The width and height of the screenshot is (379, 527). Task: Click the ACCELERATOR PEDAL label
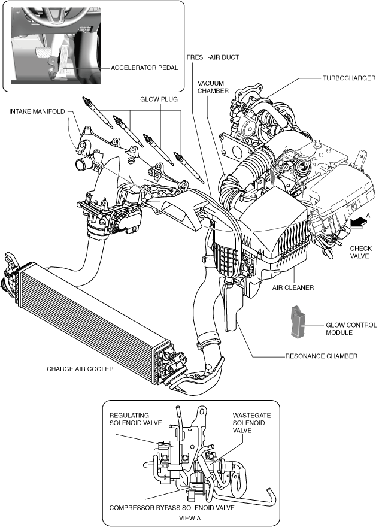144,68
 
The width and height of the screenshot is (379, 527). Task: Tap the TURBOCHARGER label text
349,78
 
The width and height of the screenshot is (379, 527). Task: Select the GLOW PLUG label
159,99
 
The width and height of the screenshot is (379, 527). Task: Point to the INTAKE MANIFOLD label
37,111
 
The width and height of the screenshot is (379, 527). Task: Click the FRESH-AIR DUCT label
213,57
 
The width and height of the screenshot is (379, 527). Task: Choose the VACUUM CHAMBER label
213,87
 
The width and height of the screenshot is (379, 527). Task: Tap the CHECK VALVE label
361,252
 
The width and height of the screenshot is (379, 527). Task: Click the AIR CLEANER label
293,287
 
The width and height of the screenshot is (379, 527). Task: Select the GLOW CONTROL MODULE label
351,329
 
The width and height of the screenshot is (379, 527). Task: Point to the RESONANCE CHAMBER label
321,356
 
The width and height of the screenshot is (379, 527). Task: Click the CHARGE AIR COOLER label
80,369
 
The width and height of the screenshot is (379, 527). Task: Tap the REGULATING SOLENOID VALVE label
135,419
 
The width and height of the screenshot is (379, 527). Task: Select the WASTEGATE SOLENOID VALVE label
251,423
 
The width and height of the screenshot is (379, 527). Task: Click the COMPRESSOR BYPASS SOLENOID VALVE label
172,508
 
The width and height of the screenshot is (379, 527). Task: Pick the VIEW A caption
190,518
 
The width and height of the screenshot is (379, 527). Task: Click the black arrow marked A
358,222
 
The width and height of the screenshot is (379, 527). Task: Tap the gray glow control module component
298,322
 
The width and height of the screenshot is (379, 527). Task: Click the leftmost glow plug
98,113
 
